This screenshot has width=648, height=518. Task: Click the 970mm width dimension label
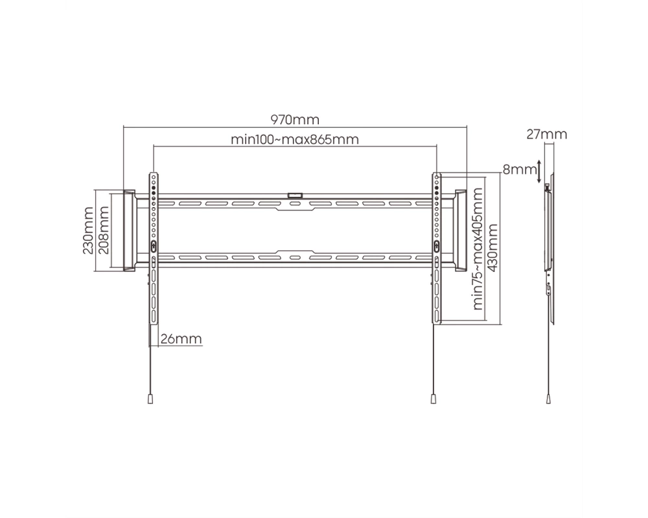tap(295, 120)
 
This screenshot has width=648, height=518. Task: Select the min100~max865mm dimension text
tap(295, 139)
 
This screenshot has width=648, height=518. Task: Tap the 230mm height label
tap(88, 231)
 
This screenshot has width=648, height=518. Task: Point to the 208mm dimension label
tap(104, 231)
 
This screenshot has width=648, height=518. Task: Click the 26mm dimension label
tap(181, 339)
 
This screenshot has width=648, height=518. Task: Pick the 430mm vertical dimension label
tap(492, 248)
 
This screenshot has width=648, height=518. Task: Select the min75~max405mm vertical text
tap(478, 249)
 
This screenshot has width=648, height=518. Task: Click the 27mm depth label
tap(547, 134)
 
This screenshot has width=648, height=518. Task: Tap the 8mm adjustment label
tap(520, 170)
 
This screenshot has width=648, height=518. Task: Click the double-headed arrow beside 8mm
tap(539, 171)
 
